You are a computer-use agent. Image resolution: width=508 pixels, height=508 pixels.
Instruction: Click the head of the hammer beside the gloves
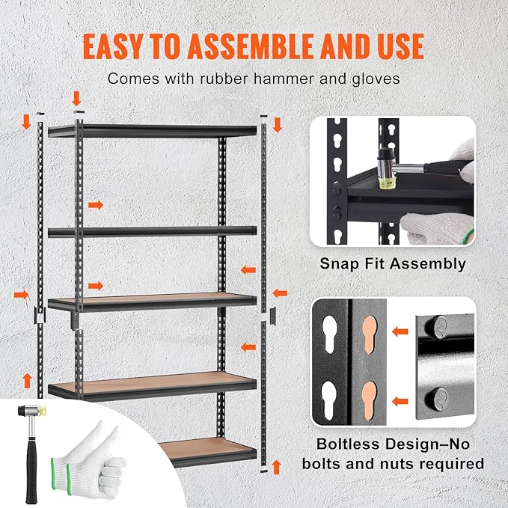tap(34, 411)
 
